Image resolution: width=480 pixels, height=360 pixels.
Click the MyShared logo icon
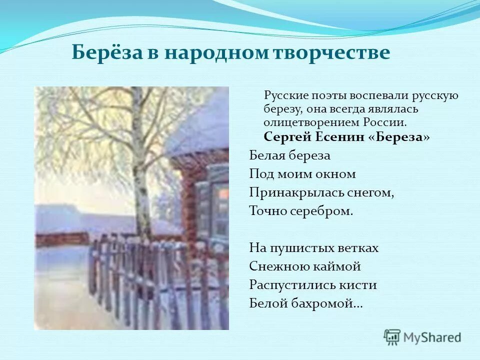point(392,337)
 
